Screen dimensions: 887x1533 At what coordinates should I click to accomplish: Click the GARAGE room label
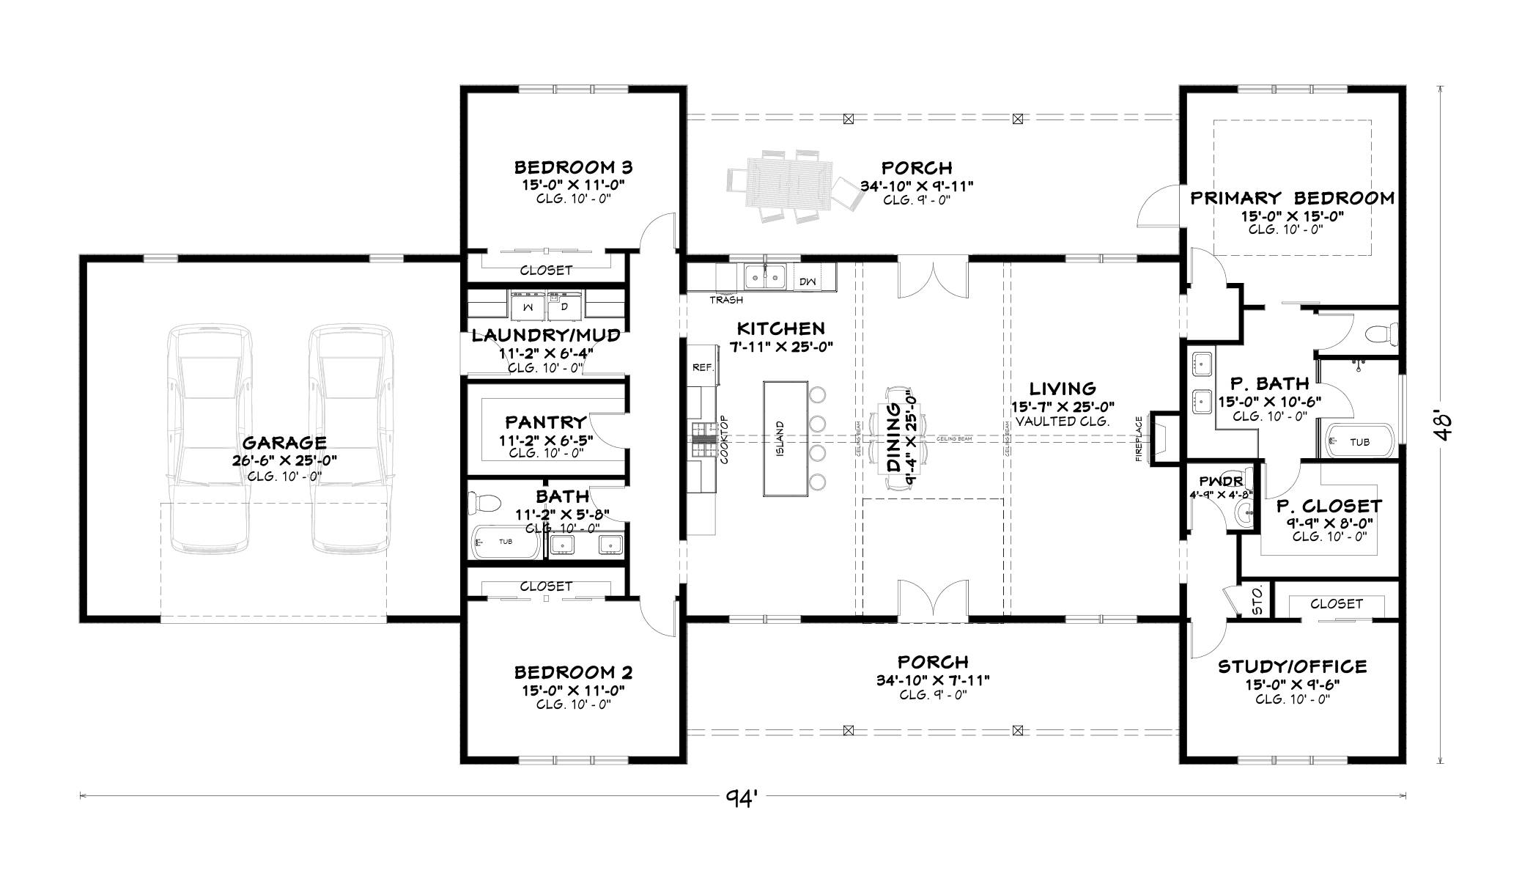click(284, 443)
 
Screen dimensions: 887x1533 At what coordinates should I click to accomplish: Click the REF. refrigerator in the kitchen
click(703, 368)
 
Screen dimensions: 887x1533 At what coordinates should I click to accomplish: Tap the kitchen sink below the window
click(764, 278)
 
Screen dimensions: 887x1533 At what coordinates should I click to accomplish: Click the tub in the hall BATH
click(505, 542)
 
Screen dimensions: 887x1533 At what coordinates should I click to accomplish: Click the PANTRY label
click(545, 422)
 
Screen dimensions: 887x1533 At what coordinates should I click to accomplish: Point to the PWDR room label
click(1220, 482)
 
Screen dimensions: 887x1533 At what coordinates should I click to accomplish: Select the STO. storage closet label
click(1256, 600)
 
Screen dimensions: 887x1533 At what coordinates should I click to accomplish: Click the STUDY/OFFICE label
click(1292, 666)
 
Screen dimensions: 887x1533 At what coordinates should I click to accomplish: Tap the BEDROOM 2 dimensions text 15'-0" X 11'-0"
click(573, 690)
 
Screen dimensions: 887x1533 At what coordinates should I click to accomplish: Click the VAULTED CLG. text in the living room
click(1063, 422)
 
